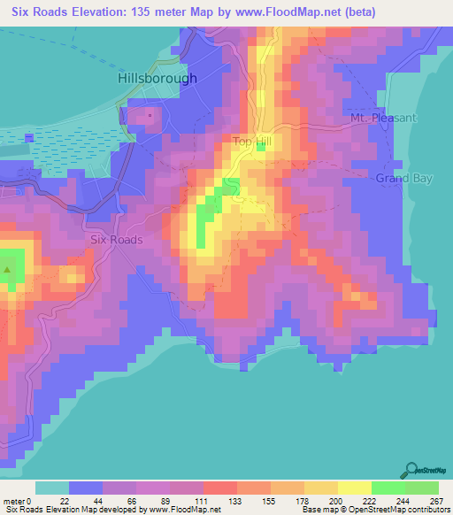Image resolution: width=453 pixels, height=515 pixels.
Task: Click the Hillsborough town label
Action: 157,78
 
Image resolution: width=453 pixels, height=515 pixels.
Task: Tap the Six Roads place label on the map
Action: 115,239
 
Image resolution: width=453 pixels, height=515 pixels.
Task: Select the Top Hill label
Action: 252,141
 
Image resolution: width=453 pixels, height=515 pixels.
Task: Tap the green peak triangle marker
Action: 8,269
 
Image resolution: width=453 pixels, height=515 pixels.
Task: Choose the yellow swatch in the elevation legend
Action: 355,488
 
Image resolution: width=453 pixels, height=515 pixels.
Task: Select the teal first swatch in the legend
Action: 52,488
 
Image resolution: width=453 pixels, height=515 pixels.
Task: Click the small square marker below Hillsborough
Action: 150,115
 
